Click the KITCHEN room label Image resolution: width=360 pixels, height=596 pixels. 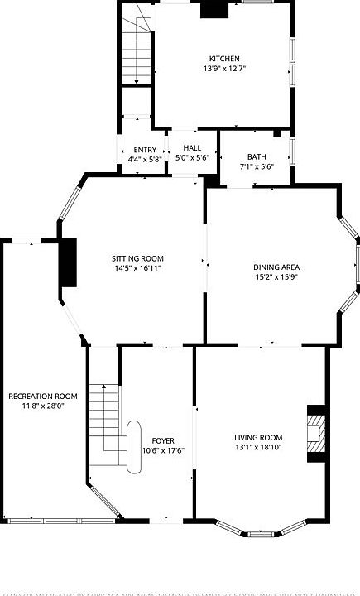pos(224,59)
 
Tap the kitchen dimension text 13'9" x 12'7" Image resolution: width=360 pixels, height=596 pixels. pos(224,70)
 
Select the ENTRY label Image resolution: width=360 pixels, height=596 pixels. pos(145,150)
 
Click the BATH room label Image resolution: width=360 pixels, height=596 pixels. pos(256,156)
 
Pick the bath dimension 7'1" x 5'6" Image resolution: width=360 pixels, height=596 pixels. pos(256,167)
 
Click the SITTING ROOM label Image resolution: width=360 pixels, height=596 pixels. pos(138,257)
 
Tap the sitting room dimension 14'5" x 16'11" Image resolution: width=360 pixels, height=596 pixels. pos(138,268)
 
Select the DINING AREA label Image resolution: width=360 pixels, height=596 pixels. pos(276,267)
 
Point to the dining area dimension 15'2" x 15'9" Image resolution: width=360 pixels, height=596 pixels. pos(276,278)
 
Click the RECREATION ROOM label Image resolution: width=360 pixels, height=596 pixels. pos(43,397)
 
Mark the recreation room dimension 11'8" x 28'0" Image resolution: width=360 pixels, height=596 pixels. pos(43,407)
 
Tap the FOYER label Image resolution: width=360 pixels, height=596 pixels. pos(163,440)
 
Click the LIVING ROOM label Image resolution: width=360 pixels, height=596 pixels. pos(258,438)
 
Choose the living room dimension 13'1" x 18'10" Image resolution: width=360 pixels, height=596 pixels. pos(258,449)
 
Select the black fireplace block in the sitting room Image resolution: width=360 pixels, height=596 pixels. pos(68,263)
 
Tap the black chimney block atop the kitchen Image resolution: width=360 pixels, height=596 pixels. pos(214,9)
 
